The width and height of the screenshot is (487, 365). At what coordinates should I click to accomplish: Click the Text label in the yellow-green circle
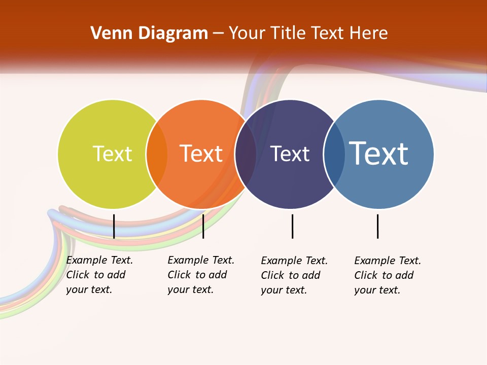pyautogui.click(x=112, y=154)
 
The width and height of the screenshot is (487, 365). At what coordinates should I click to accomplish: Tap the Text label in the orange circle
pyautogui.click(x=201, y=154)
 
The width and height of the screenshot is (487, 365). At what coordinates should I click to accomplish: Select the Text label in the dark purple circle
pyautogui.click(x=290, y=154)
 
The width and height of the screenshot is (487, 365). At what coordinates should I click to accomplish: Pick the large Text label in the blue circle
pyautogui.click(x=379, y=154)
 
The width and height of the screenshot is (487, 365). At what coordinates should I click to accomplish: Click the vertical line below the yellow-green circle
pyautogui.click(x=114, y=226)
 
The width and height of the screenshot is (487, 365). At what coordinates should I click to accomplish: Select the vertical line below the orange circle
pyautogui.click(x=203, y=226)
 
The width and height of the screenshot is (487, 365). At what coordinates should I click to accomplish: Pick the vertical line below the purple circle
pyautogui.click(x=292, y=226)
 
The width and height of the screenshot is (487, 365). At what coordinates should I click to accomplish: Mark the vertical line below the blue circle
pyautogui.click(x=377, y=226)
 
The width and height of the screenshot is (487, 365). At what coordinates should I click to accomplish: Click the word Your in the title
pyautogui.click(x=247, y=33)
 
